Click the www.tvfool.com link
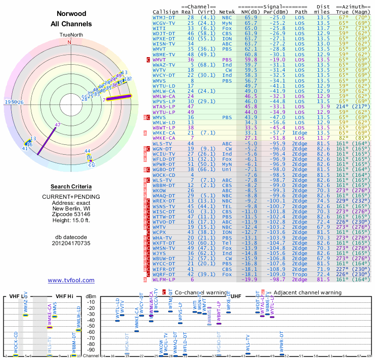click(x=71, y=280)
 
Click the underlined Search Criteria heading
click(x=71, y=186)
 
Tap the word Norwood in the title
click(x=71, y=14)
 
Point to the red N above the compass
click(x=70, y=42)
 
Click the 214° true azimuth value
click(x=343, y=107)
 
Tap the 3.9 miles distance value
click(x=325, y=107)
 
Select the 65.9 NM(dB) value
click(x=250, y=17)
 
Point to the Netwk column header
click(x=227, y=11)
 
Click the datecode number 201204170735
click(x=71, y=243)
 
